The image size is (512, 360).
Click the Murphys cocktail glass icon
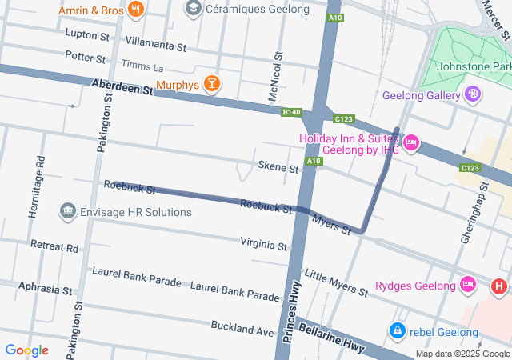(x=211, y=84)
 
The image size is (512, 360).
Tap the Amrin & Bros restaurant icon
(x=136, y=10)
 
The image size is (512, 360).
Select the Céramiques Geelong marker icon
(x=193, y=9)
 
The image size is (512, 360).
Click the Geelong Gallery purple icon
(x=474, y=95)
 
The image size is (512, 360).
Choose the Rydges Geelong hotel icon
(x=468, y=285)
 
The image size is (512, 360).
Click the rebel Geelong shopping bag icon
(x=396, y=330)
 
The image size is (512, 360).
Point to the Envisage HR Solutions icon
(x=67, y=211)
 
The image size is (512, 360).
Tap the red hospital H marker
(x=499, y=285)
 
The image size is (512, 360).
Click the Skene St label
(x=278, y=168)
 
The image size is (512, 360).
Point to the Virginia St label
(x=263, y=244)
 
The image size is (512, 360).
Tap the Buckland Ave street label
(x=242, y=327)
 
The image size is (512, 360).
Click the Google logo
(x=27, y=350)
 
